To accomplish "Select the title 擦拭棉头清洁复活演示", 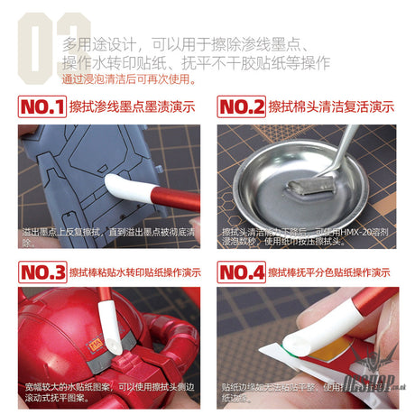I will pyautogui.click(x=331, y=107).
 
